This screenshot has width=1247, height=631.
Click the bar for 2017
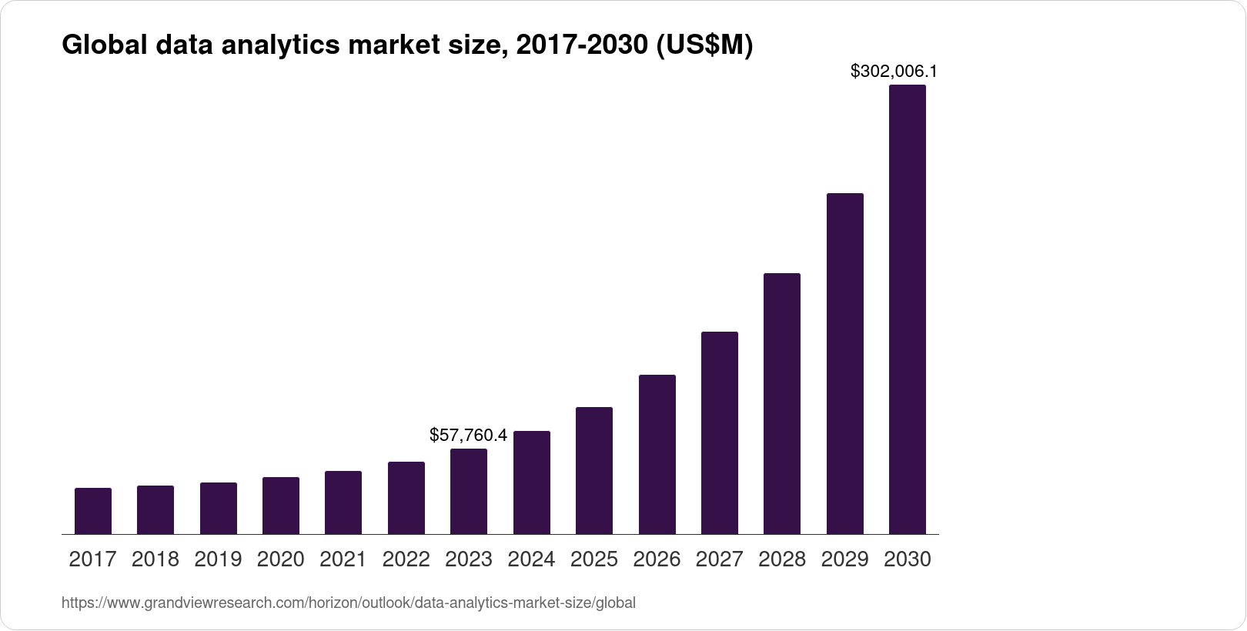coord(92,511)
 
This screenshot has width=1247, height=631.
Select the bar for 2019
coord(218,508)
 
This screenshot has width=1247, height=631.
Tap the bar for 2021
coord(343,502)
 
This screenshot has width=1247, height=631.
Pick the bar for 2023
coord(469,491)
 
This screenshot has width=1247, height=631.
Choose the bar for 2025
coord(594,470)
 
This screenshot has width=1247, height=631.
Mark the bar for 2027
coord(720,432)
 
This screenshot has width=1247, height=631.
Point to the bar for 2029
coord(845,363)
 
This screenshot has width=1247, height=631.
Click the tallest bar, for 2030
coord(908,309)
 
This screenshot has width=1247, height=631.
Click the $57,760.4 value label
coord(468,436)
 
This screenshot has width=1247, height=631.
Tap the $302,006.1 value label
coord(893,72)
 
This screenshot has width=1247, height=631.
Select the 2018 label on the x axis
coord(155,559)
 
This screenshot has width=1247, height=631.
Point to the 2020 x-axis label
coord(281,559)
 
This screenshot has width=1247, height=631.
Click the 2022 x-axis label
coord(406,559)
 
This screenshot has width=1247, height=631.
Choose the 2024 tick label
coord(532,559)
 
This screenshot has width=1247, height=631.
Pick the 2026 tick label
coord(657,559)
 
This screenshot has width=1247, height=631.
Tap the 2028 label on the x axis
coord(782,559)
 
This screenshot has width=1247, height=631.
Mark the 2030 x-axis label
coord(908,559)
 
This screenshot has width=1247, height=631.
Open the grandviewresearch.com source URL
coord(349,603)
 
